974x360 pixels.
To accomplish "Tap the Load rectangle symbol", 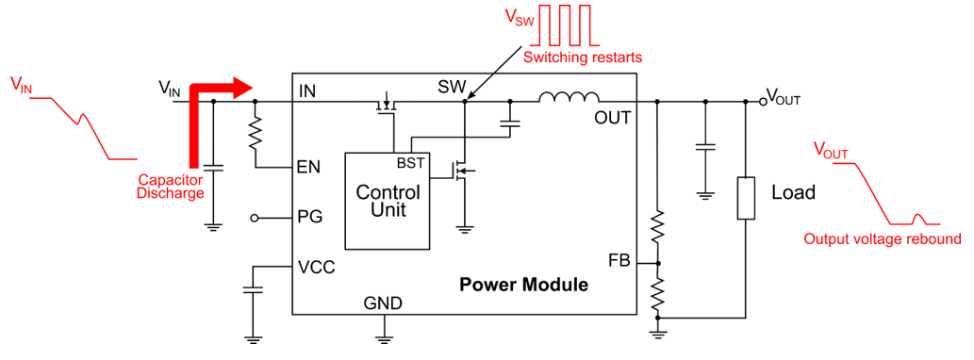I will (746, 198).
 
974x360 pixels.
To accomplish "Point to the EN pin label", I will (308, 168).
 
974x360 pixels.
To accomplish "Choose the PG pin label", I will (309, 218).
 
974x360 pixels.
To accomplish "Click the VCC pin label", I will (316, 267).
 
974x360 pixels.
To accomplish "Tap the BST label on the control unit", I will (410, 163).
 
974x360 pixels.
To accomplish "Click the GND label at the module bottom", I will (383, 303).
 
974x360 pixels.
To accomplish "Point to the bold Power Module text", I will (523, 284).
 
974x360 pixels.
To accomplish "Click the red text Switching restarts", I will (582, 57).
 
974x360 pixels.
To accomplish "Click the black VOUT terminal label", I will (782, 95).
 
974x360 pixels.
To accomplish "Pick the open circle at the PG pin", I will (256, 218).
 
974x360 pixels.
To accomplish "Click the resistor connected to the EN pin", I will (255, 136).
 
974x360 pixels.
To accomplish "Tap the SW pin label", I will (452, 88).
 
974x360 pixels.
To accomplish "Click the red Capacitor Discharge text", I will (171, 188).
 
